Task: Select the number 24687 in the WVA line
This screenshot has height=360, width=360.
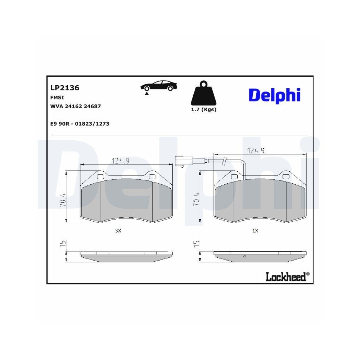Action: pyautogui.click(x=92, y=106)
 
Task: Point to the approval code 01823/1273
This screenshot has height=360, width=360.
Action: pyautogui.click(x=91, y=123)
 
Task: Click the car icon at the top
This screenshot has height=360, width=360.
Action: pyautogui.click(x=158, y=87)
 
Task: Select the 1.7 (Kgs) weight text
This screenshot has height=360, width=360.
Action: pyautogui.click(x=203, y=109)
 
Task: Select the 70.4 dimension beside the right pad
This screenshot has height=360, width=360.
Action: pyautogui.click(x=196, y=199)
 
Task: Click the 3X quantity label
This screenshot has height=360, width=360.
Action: pyautogui.click(x=118, y=231)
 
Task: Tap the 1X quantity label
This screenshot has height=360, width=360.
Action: pyautogui.click(x=255, y=231)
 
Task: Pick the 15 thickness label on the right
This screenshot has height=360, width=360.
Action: pyautogui.click(x=196, y=244)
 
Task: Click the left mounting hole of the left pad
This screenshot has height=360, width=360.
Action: pyautogui.click(x=101, y=176)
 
